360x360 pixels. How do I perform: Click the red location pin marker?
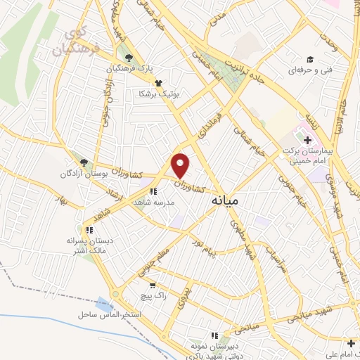[181, 166]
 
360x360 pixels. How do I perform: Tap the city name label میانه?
[225, 201]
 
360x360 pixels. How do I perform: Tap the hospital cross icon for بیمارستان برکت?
[308, 141]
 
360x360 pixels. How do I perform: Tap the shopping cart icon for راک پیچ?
[153, 285]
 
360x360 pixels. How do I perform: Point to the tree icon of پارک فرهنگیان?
[128, 58]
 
